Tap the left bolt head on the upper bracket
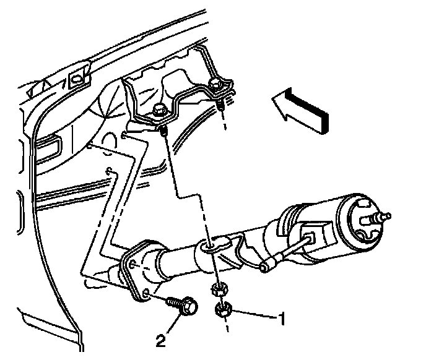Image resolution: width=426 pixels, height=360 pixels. click(x=157, y=113)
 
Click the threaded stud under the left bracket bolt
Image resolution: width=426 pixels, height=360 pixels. click(x=163, y=132)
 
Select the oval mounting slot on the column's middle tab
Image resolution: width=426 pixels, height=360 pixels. click(x=211, y=247)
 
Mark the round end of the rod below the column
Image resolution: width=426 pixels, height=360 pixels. click(x=266, y=267)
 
